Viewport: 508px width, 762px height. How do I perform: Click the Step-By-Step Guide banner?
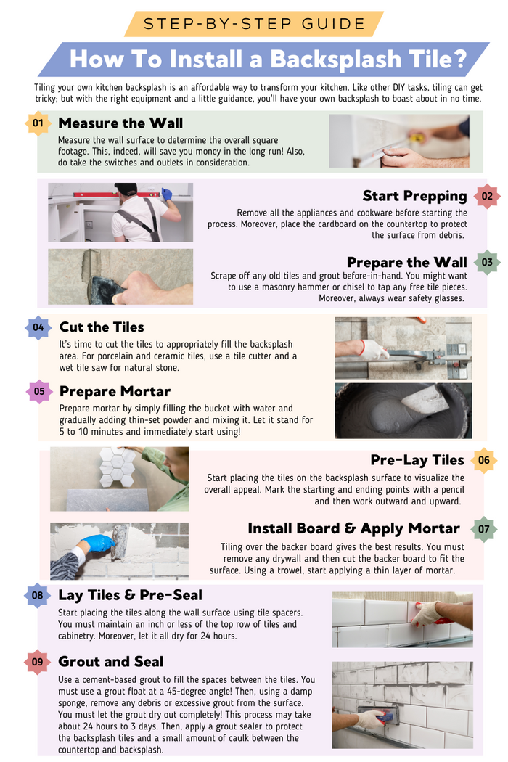(x=254, y=23)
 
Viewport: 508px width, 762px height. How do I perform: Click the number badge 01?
(x=38, y=123)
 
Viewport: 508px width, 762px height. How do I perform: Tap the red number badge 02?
(x=486, y=196)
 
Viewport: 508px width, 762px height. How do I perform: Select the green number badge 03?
(x=486, y=262)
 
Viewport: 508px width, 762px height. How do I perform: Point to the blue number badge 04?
(x=38, y=327)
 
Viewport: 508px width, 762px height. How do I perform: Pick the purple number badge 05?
(x=39, y=392)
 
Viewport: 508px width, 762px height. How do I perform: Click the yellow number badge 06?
(x=484, y=460)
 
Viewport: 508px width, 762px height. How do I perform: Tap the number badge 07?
(x=484, y=529)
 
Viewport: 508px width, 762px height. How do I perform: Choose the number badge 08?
(x=38, y=596)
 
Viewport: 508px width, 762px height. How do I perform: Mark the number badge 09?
(x=38, y=662)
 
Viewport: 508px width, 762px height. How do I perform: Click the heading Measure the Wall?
(x=120, y=123)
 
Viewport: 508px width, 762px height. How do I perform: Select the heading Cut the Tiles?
(x=102, y=327)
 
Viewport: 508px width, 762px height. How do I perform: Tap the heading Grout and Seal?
(x=111, y=662)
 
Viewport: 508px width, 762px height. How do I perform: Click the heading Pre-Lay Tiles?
(x=417, y=460)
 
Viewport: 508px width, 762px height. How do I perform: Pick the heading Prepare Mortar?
(x=115, y=392)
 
